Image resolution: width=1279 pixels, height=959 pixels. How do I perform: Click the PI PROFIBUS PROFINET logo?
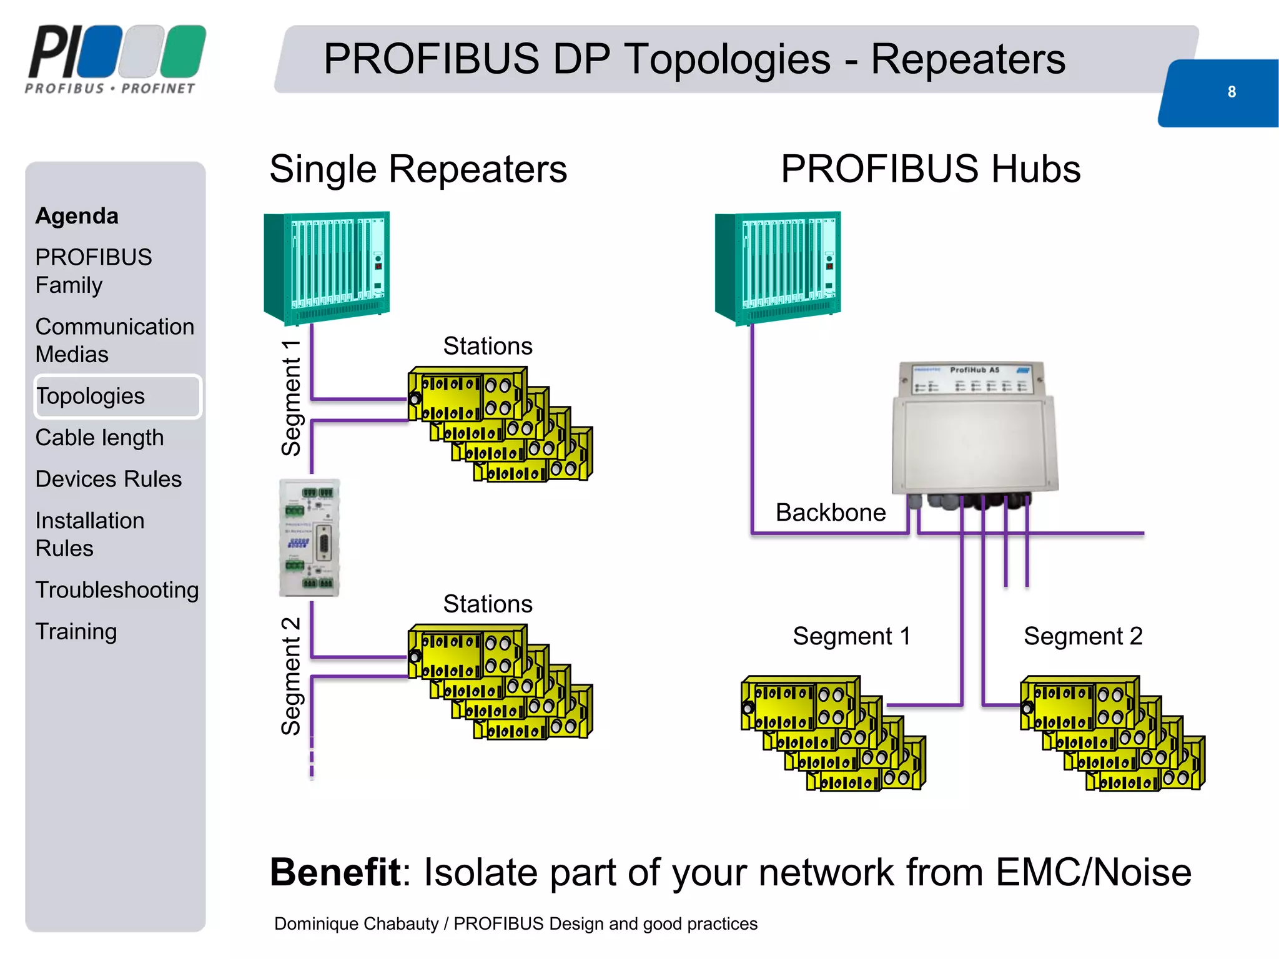point(116,59)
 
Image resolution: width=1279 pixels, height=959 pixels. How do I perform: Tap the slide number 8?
point(1231,92)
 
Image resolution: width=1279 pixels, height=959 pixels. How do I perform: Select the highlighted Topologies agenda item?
point(91,396)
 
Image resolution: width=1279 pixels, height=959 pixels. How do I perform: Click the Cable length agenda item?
point(99,438)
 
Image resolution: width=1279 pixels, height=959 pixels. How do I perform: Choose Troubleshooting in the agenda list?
point(117,590)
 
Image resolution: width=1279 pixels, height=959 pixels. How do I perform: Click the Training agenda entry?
point(76,631)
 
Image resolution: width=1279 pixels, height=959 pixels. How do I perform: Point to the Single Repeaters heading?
point(418,169)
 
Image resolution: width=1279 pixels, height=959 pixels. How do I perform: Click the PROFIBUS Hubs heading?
point(931,169)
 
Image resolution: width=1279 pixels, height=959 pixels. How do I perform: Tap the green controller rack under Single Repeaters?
point(327,267)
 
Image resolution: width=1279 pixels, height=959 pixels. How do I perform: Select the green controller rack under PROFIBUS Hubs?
point(778,267)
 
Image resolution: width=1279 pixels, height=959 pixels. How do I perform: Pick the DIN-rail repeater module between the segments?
point(310,538)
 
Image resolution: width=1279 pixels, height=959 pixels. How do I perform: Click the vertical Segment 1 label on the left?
point(291,398)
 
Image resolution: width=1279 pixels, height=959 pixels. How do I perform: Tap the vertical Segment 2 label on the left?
point(291,676)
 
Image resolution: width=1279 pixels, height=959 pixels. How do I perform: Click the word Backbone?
point(830,513)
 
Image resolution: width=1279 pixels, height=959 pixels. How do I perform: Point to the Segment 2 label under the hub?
point(1082,636)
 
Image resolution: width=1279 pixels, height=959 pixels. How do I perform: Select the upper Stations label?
point(488,346)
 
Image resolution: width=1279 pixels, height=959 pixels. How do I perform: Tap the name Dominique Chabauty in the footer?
point(356,923)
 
